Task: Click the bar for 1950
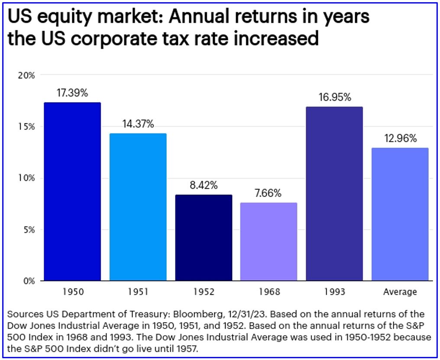point(72,192)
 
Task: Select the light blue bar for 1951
point(138,207)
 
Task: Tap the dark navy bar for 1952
point(204,238)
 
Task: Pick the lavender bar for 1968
point(269,241)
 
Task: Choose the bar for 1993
point(334,194)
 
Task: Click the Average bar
point(400,214)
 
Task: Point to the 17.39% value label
point(72,93)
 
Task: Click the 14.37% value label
point(138,124)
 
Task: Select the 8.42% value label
point(204,185)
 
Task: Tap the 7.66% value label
point(268,193)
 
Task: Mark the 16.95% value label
point(335,97)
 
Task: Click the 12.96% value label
point(401,138)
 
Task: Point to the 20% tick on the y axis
point(26,75)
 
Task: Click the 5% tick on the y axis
point(29,230)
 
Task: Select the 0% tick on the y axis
point(29,281)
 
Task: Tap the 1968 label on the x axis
point(269,292)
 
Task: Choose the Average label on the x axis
point(400,292)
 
